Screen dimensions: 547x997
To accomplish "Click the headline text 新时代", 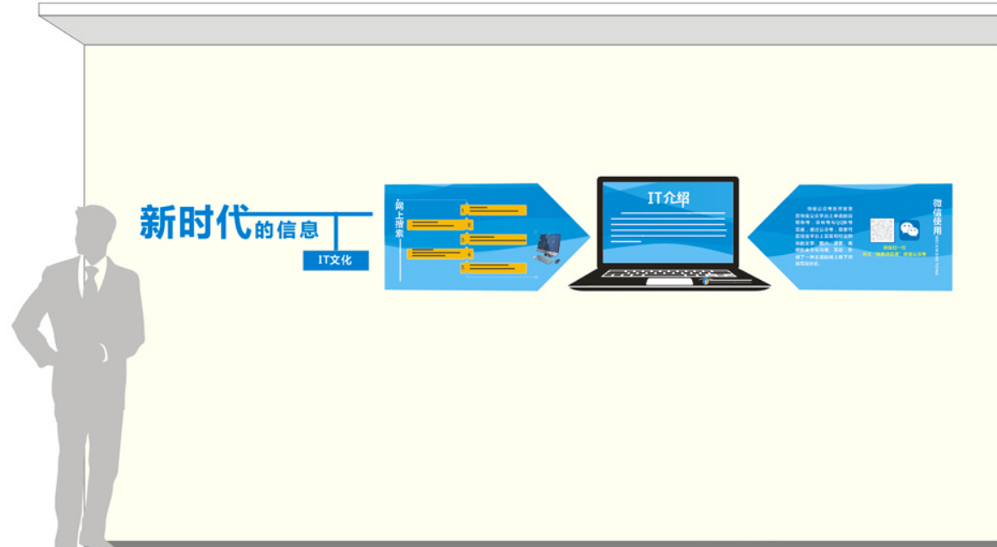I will pyautogui.click(x=194, y=222).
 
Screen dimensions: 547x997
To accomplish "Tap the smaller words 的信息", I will pyautogui.click(x=286, y=229).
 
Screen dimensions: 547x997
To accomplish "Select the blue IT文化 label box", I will pyautogui.click(x=335, y=259).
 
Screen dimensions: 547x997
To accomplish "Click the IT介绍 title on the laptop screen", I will pyautogui.click(x=668, y=198).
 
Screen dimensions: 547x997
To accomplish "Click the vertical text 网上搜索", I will pyautogui.click(x=399, y=219).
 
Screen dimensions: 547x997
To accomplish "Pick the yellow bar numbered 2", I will pyautogui.click(x=435, y=224).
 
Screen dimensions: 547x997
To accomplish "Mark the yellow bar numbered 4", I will pyautogui.click(x=435, y=253).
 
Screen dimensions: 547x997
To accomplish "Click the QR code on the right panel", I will pyautogui.click(x=882, y=230).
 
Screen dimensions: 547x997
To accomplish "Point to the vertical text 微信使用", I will pyautogui.click(x=937, y=217).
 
